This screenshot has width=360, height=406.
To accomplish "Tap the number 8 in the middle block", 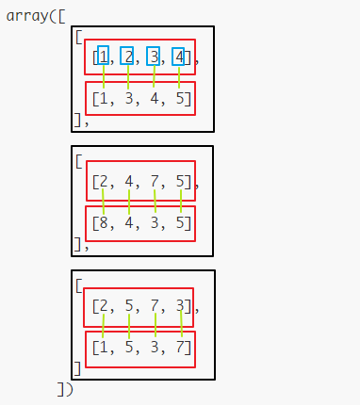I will (x=102, y=223).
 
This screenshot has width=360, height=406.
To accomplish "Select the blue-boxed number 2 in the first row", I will (x=127, y=57).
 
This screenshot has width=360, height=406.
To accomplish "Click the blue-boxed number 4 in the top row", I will (x=178, y=57).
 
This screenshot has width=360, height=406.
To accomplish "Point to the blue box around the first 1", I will (x=103, y=57).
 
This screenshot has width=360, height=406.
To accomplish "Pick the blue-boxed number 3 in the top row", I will (x=153, y=57).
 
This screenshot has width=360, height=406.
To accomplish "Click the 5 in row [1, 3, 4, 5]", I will (x=180, y=99).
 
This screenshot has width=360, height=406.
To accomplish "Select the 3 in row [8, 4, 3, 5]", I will (x=154, y=223).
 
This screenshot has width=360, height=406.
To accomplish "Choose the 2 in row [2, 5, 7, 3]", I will (x=102, y=306).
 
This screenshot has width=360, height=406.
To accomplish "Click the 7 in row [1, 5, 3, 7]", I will (x=180, y=349).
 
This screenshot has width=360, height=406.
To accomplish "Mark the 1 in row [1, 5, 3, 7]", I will (x=102, y=349).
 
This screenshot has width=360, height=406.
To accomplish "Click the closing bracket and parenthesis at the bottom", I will (x=64, y=388).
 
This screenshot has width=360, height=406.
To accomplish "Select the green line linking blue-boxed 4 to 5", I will (x=179, y=77).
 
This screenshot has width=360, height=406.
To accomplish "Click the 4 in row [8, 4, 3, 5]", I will (x=128, y=223).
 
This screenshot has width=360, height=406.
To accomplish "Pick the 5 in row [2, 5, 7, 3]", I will (x=128, y=306).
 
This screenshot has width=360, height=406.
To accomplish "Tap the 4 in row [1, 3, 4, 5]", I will (x=154, y=99).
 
